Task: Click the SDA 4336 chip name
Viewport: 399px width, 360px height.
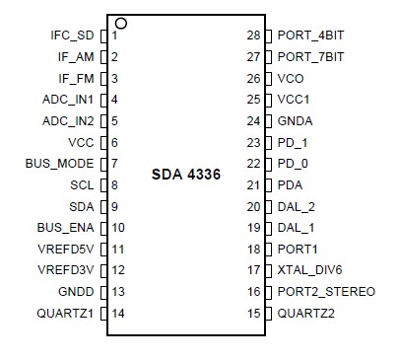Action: pyautogui.click(x=185, y=175)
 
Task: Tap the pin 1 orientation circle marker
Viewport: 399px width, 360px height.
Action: pyautogui.click(x=120, y=22)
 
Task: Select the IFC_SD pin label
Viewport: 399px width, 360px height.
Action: pyautogui.click(x=72, y=36)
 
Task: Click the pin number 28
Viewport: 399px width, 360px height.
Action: pyautogui.click(x=252, y=36)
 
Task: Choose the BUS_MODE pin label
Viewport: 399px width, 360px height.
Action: pyautogui.click(x=59, y=163)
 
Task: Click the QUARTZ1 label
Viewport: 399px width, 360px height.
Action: pyautogui.click(x=65, y=313)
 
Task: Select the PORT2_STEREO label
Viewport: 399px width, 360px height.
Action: pyautogui.click(x=326, y=292)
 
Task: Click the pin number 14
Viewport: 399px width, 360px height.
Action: pyautogui.click(x=118, y=313)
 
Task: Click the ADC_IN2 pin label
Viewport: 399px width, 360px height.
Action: pyautogui.click(x=68, y=120)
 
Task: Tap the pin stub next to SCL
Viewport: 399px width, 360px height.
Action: pyautogui.click(x=103, y=184)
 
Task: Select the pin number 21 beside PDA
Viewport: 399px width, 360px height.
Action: pyautogui.click(x=252, y=184)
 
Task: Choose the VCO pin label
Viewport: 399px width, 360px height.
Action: pyautogui.click(x=290, y=78)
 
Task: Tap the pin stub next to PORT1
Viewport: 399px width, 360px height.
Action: pyautogui.click(x=270, y=249)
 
